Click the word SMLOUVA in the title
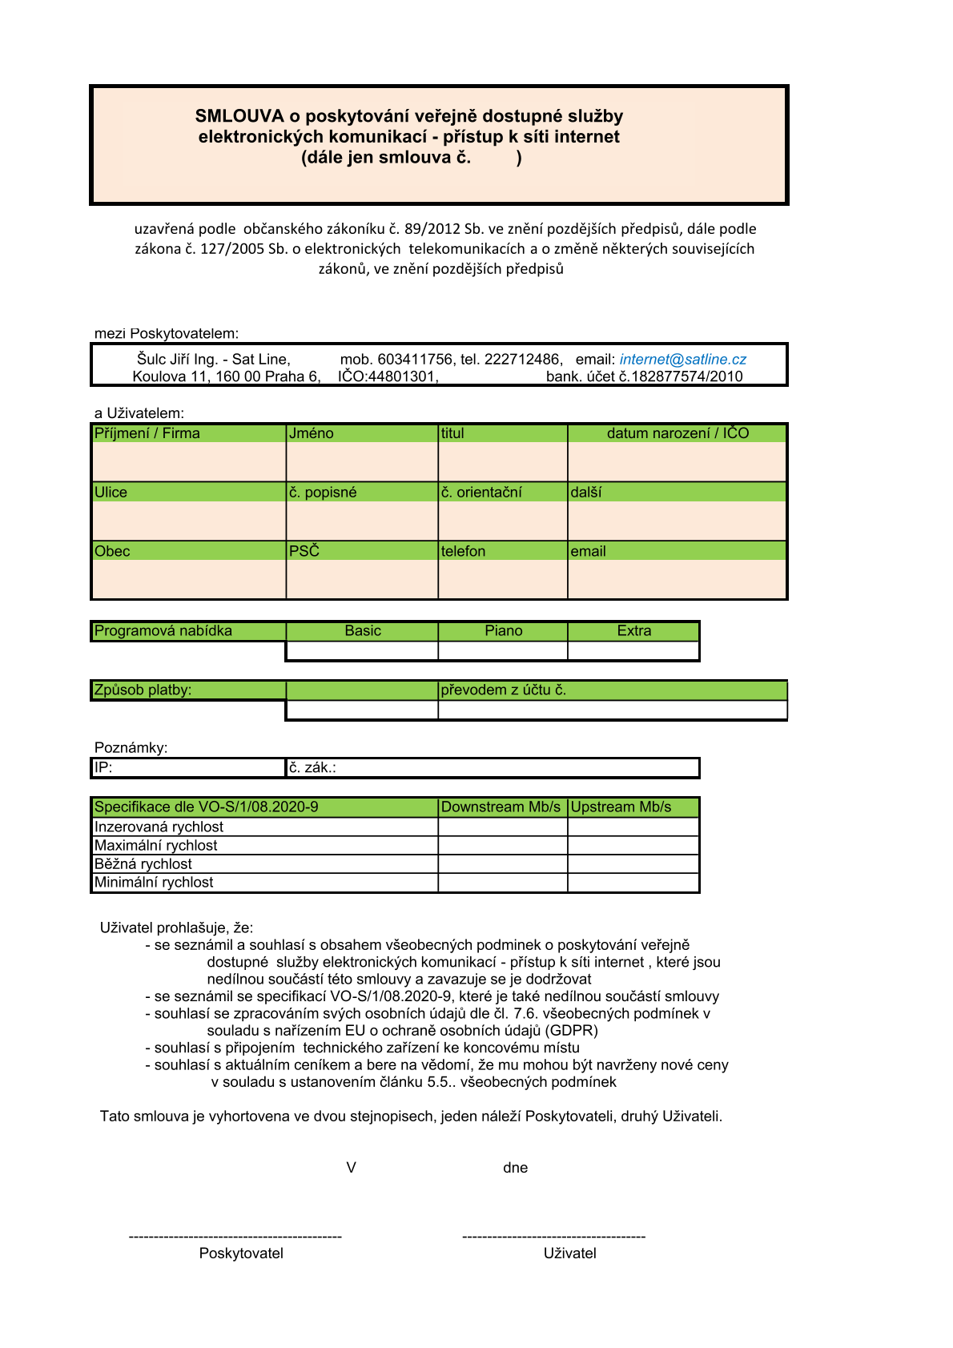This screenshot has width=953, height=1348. click(x=239, y=116)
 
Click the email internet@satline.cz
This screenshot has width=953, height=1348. click(x=682, y=360)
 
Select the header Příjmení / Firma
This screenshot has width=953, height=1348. click(x=147, y=433)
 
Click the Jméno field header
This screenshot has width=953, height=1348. click(x=312, y=433)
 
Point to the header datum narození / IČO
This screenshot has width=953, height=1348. click(x=678, y=433)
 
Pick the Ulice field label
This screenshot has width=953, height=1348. click(x=111, y=492)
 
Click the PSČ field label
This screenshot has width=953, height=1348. click(x=304, y=551)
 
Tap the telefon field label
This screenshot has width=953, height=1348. click(x=463, y=551)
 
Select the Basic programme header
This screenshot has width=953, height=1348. click(x=363, y=631)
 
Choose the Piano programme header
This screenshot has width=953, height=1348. click(x=503, y=631)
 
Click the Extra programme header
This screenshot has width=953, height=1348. click(x=633, y=631)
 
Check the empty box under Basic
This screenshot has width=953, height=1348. click(x=362, y=651)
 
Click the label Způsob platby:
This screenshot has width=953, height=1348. click(x=143, y=690)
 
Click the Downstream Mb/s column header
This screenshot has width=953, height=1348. click(x=501, y=807)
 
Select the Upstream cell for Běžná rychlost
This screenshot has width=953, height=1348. click(x=633, y=863)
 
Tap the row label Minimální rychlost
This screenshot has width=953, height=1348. click(x=154, y=882)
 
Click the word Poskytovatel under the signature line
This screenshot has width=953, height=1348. click(x=241, y=1253)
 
